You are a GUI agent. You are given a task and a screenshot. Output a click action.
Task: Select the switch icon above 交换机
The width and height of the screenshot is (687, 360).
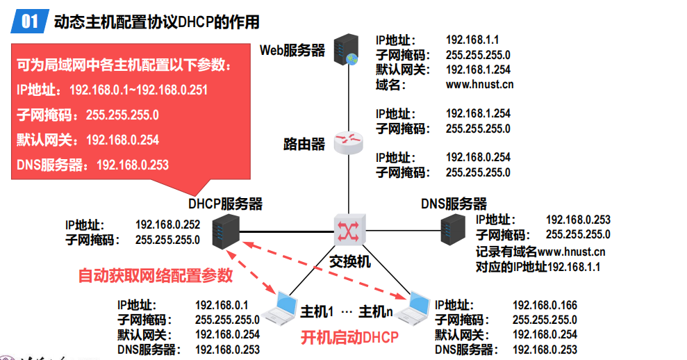[x=348, y=229]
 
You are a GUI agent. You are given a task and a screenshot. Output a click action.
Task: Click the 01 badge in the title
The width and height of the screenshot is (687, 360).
[x=29, y=22]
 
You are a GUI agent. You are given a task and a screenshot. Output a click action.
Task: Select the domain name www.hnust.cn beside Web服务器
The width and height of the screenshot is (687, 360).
[x=479, y=85]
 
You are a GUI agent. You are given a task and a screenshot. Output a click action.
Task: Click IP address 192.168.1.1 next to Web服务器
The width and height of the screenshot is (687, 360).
[x=472, y=40]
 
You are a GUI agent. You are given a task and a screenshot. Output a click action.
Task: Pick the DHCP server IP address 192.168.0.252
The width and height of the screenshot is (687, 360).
[x=167, y=224]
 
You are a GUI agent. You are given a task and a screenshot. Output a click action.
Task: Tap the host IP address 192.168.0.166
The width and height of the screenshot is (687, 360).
[x=545, y=305]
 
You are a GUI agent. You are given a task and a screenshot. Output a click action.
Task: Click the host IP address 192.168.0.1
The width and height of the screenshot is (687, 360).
[x=222, y=305]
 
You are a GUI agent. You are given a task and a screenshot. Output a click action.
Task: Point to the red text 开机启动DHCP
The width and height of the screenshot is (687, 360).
[x=349, y=338]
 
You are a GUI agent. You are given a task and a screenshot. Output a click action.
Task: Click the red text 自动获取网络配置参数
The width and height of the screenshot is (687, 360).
[x=156, y=276]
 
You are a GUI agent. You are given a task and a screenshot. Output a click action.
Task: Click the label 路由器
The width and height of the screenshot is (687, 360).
[x=304, y=144]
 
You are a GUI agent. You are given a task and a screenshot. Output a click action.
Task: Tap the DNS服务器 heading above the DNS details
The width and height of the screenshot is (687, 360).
[x=454, y=204]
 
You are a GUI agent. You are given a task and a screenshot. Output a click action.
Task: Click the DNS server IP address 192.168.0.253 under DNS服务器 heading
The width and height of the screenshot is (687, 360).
[x=578, y=220]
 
